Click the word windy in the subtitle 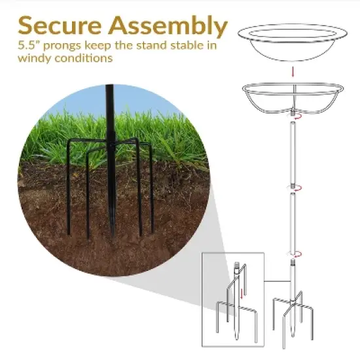coord(35,59)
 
